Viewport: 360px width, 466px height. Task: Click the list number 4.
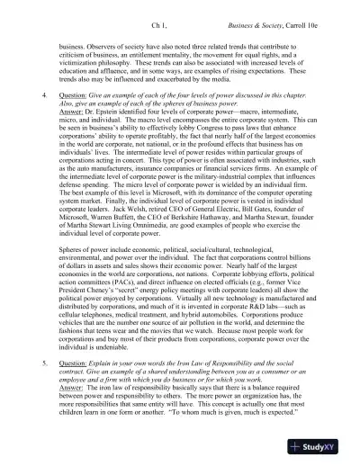(x=33, y=93)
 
